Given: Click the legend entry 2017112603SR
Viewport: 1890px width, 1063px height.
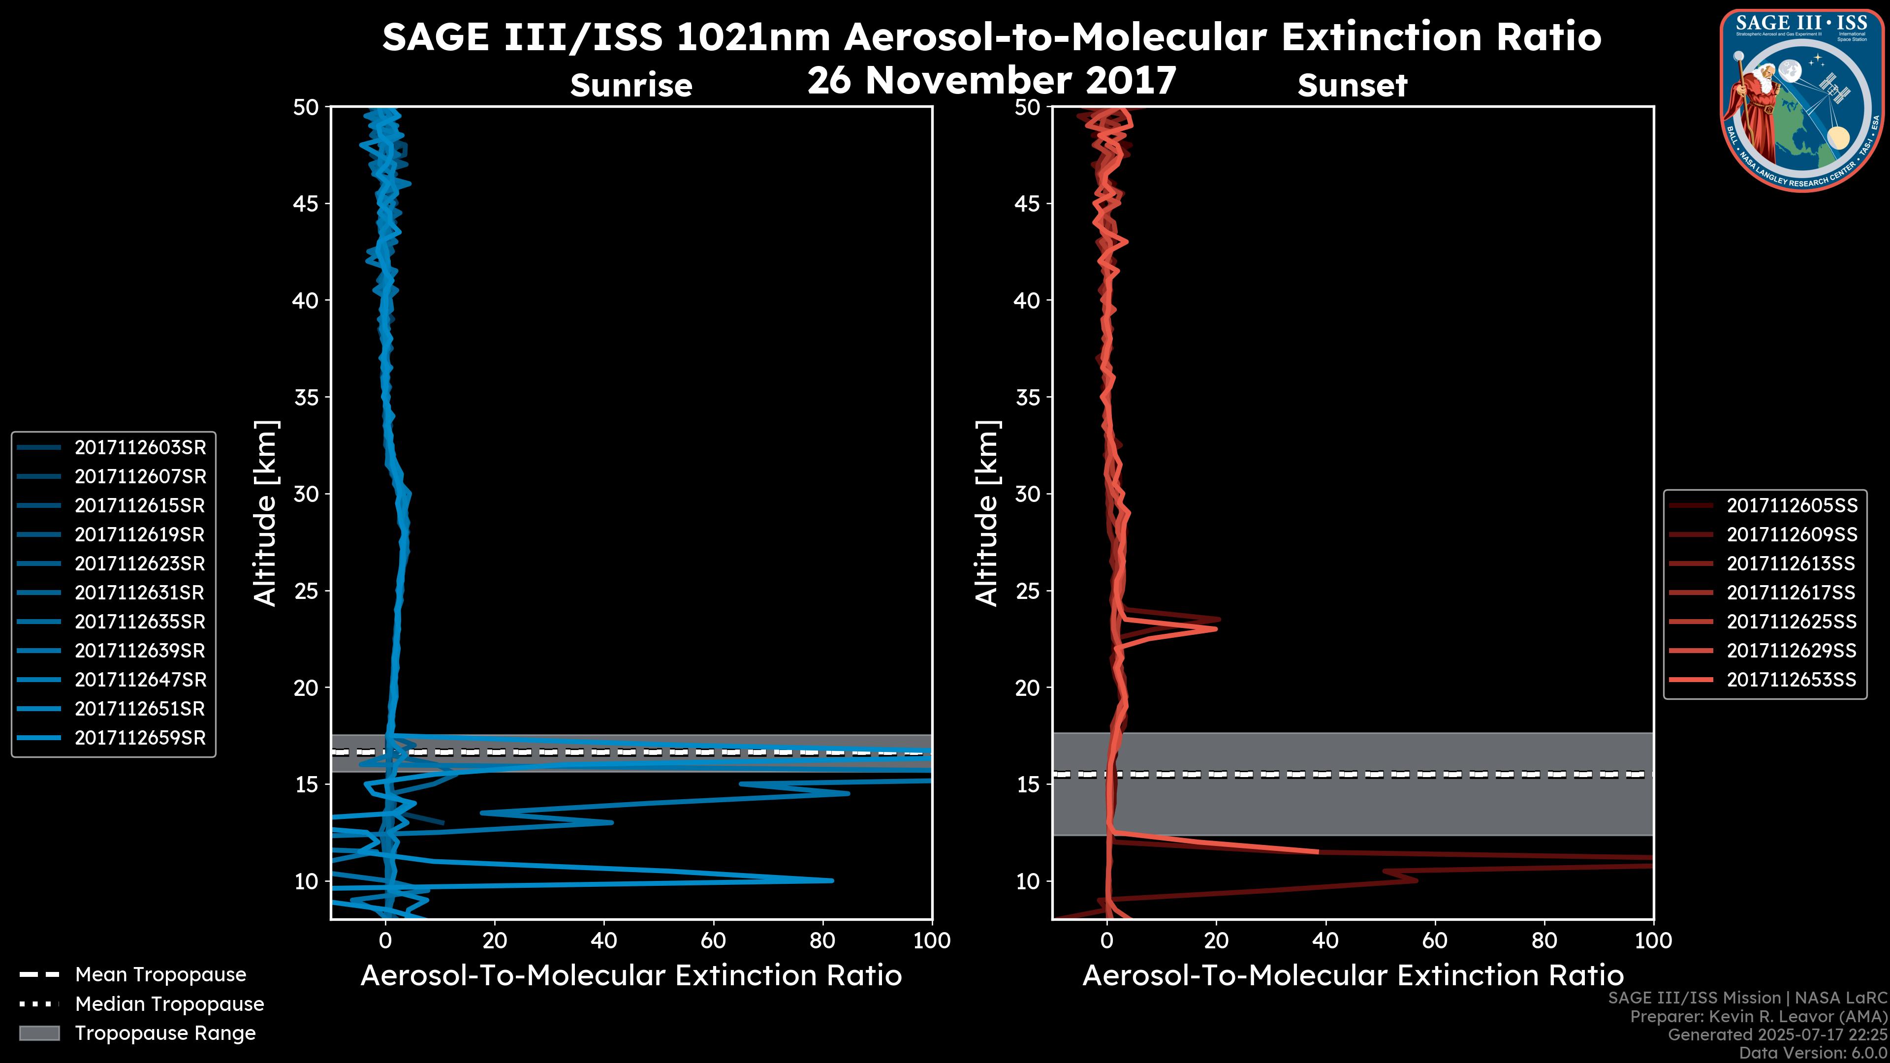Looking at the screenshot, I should click(139, 447).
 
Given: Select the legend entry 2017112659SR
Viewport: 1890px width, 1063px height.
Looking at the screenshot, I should click(139, 738).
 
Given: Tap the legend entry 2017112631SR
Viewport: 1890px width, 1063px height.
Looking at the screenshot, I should click(139, 593).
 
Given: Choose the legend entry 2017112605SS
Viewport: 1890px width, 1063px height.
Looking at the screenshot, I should click(1791, 505).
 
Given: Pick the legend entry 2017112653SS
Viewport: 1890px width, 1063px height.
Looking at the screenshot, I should click(1791, 680).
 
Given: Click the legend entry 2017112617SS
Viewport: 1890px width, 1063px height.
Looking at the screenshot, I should click(1791, 593).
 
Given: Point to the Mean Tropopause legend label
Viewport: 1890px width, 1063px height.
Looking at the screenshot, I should click(160, 975).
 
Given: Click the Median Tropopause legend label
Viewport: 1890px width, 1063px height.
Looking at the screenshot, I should click(169, 1004).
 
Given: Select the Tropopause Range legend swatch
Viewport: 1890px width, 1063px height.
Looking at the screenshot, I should click(39, 1033).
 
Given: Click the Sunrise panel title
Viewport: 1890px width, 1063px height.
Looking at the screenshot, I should click(631, 86).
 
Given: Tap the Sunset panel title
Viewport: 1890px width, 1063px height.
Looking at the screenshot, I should click(1352, 86).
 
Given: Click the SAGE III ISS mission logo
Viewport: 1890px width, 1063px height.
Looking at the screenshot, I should click(1802, 100).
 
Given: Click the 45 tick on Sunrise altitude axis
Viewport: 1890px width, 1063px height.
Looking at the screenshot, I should click(306, 204).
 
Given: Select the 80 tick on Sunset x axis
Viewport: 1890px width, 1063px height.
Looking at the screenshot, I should click(1544, 940).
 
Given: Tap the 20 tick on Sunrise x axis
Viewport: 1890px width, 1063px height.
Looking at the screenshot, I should click(495, 940).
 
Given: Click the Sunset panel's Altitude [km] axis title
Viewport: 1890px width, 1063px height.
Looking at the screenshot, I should click(987, 513).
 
